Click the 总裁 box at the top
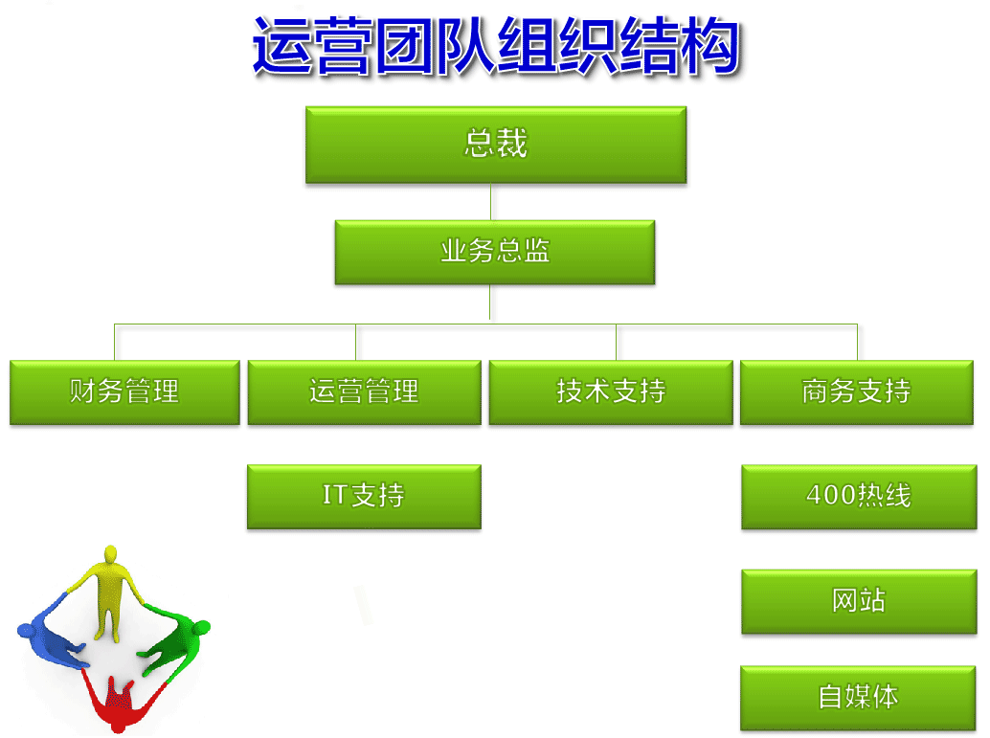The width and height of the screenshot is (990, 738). pos(496,145)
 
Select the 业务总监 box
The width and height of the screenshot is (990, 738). pos(494,252)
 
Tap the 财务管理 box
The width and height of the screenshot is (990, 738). pos(124,392)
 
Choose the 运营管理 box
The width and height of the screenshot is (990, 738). pos(364,392)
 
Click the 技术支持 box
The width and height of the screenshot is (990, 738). pos(611,392)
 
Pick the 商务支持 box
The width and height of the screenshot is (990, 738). pos(857,392)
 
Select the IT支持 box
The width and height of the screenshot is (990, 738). pos(364,497)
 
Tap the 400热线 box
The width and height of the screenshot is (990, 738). pos(859,497)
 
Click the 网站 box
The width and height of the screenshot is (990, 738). pos(859,602)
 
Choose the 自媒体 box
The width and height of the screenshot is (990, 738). pos(858,698)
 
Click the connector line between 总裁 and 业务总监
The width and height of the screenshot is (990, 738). pos(490,202)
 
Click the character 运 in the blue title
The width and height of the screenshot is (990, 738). pos(281,46)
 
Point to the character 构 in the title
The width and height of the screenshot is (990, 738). pos(711,46)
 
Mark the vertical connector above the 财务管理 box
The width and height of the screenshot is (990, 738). pos(114,342)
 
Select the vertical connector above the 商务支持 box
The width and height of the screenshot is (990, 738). pos(857,342)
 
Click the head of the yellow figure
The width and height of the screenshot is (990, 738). pos(110,553)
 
